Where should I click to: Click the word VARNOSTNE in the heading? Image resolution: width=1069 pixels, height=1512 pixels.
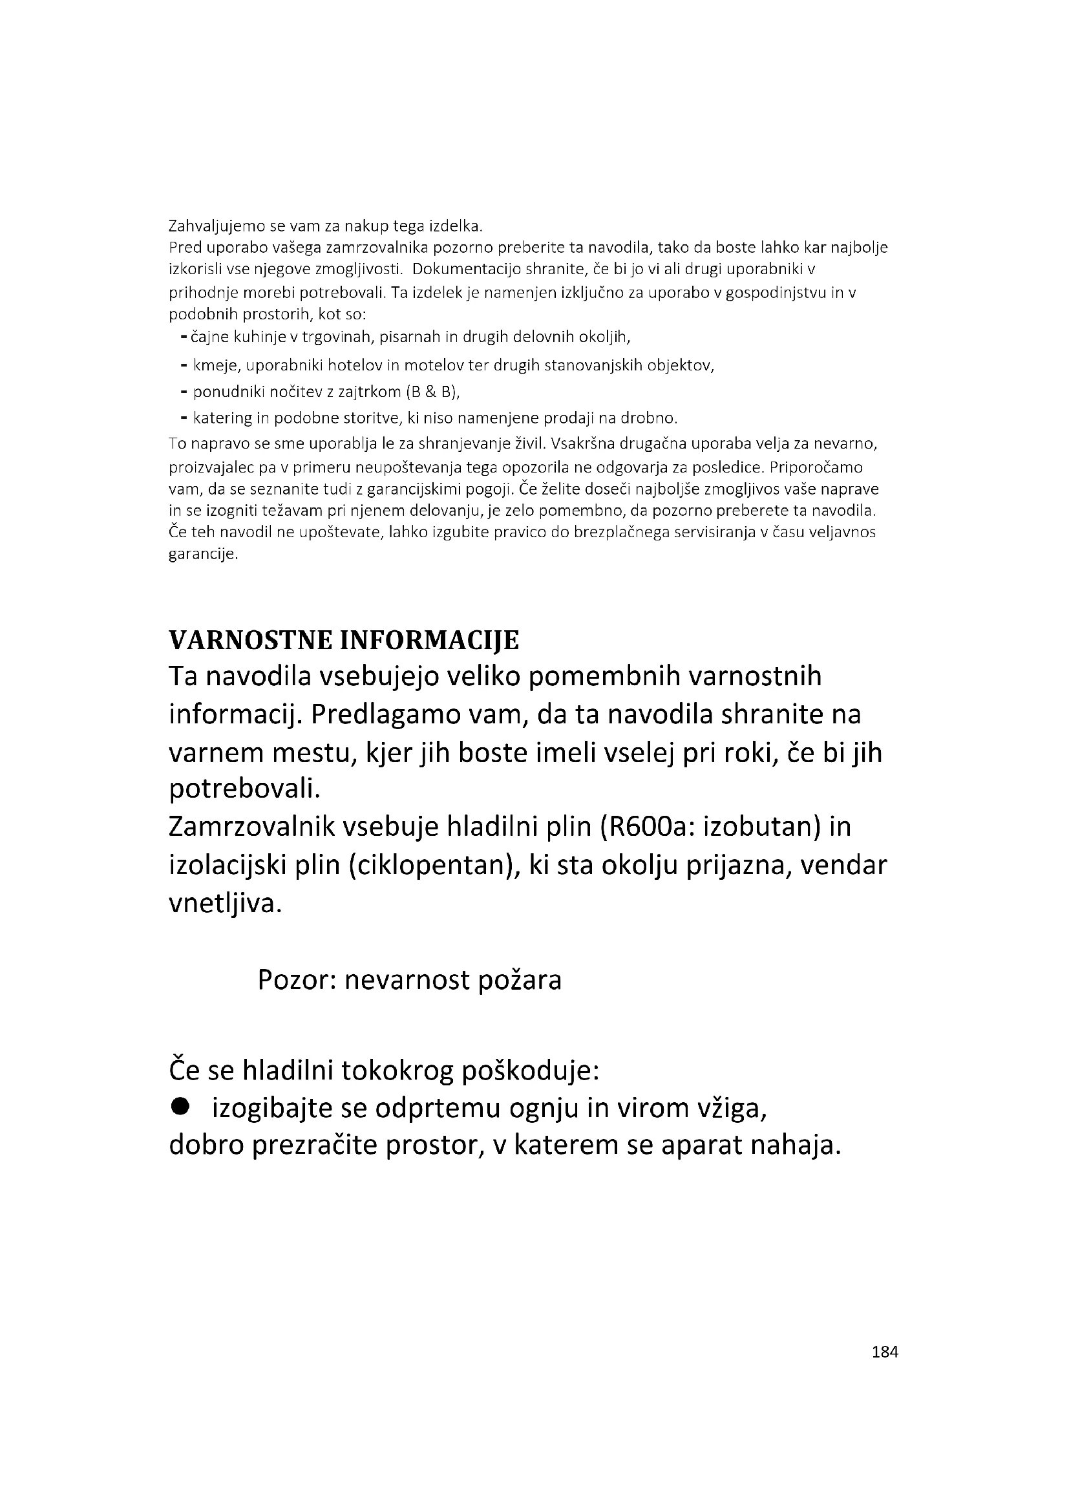pos(249,640)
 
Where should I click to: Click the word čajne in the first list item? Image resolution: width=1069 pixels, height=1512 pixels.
pos(209,338)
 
